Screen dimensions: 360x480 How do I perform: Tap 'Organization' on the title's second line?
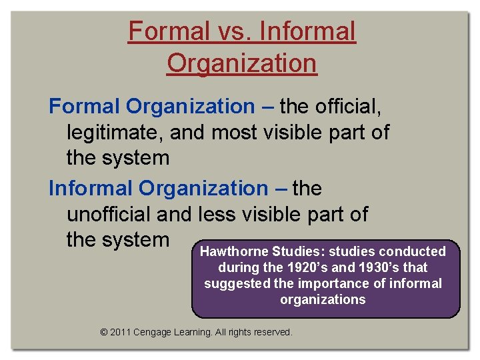point(241,64)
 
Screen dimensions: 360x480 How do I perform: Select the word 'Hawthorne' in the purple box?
point(234,251)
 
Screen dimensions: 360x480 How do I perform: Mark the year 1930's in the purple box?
point(383,267)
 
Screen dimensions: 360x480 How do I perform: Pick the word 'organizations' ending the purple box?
point(323,299)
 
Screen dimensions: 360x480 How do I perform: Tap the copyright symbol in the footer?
point(103,331)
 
